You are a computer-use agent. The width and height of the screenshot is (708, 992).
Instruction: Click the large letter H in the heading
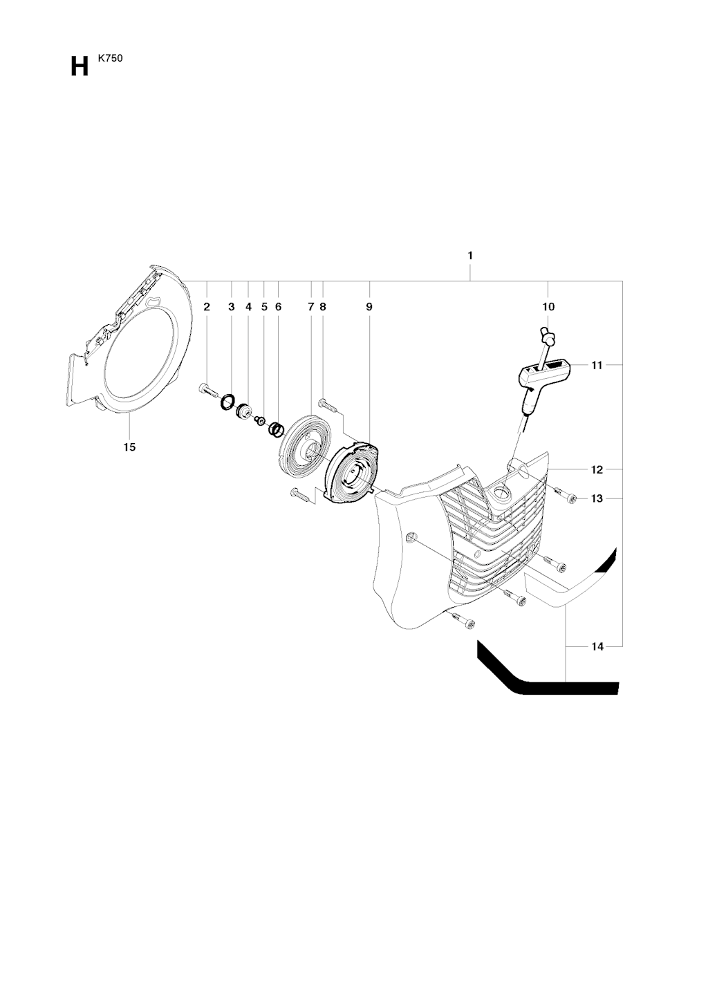coord(80,68)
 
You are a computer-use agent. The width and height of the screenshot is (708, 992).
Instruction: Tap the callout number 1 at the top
coord(470,256)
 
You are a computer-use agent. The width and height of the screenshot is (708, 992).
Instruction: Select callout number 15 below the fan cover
coord(129,447)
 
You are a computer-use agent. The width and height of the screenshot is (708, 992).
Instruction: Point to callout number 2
coord(207,306)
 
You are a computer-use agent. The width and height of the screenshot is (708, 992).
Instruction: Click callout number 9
coord(369,306)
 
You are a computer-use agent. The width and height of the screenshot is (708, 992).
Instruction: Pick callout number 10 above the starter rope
coord(548,306)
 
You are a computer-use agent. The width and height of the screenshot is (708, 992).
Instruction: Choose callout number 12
coord(597,469)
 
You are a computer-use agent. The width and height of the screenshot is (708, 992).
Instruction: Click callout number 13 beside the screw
coord(597,498)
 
